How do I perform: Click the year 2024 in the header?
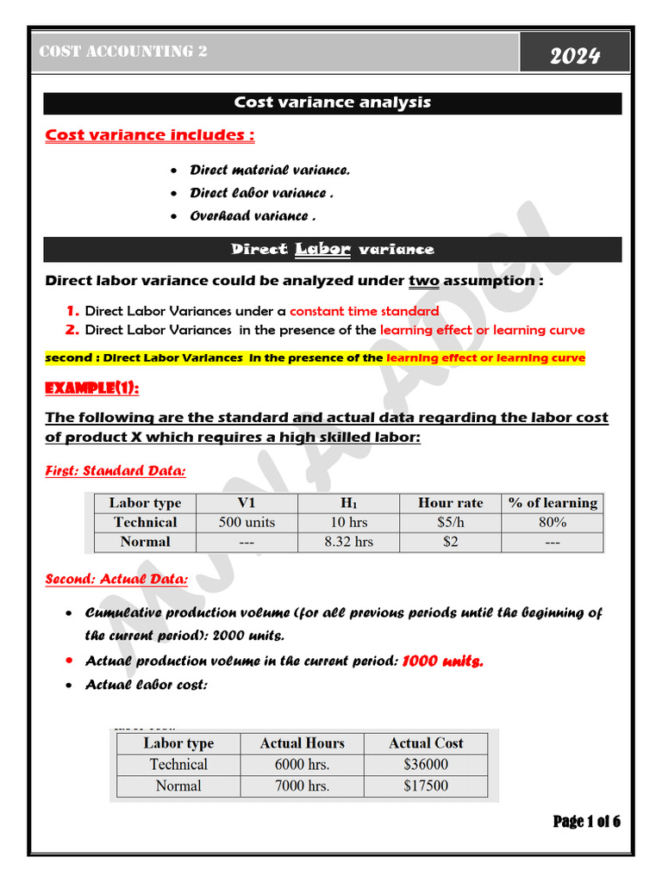pos(575,57)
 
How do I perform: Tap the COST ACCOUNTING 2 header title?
pos(123,52)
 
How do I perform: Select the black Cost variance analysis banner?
pos(333,103)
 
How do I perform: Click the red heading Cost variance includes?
pos(149,135)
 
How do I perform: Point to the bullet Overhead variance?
pos(252,216)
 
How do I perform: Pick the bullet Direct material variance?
pos(270,171)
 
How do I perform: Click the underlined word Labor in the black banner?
pos(322,249)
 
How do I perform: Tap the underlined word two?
pos(424,281)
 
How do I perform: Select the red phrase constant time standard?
pos(364,311)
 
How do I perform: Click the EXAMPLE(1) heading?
pos(91,388)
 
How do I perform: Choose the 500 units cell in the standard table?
pos(247,522)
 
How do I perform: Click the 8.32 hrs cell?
pos(348,542)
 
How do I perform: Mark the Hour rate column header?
pos(450,503)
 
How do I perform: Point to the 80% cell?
pos(552,522)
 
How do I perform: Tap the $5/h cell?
pos(450,522)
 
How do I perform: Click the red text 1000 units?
pos(443,661)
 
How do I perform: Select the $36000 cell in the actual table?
pos(425,764)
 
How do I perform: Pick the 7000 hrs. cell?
pos(302,786)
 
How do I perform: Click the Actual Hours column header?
pos(302,743)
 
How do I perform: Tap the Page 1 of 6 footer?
pos(586,821)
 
